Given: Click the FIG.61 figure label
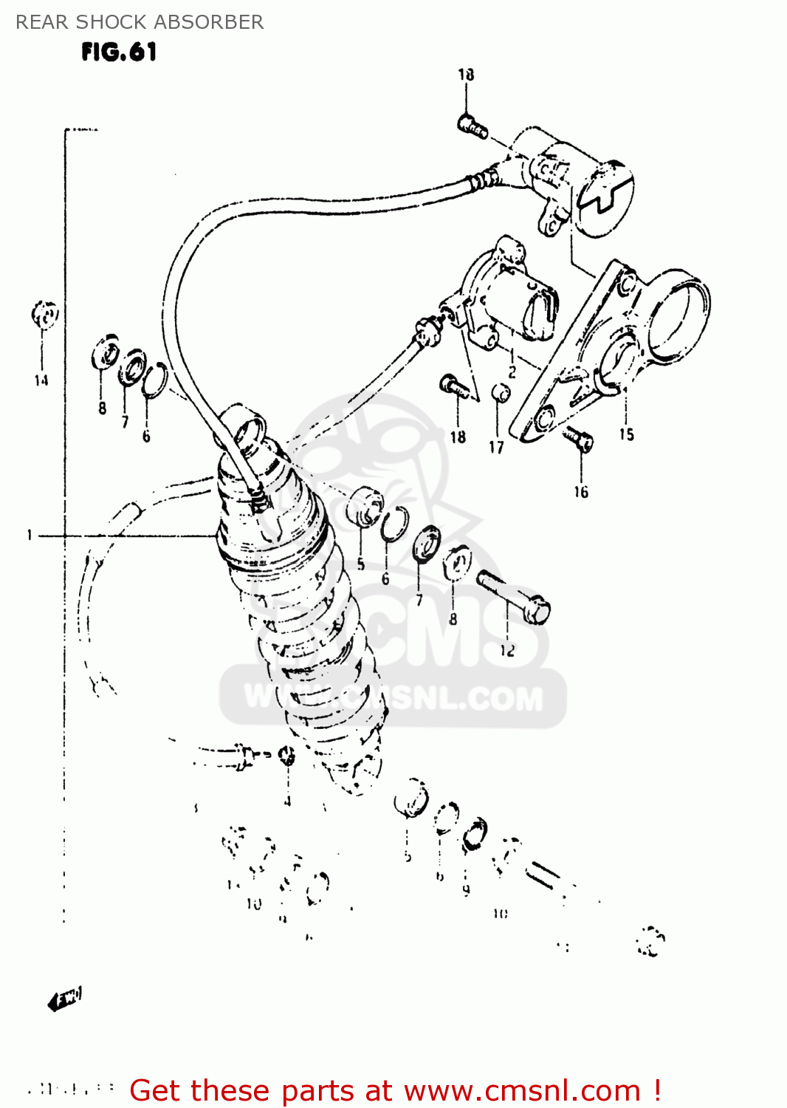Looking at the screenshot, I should (119, 52).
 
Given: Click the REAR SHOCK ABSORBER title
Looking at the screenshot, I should (140, 22).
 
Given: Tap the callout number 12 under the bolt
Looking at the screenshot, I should (507, 651).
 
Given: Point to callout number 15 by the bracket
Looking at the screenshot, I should (626, 434).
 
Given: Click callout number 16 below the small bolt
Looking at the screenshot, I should (581, 492).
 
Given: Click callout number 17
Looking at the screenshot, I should (496, 447).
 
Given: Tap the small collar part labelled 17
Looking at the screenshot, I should (500, 392).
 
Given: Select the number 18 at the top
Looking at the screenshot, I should (466, 75).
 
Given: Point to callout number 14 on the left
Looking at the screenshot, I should (41, 380).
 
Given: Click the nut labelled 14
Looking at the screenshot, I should (44, 315).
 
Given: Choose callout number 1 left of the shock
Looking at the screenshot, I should (30, 535).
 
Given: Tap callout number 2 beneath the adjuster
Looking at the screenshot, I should (512, 372).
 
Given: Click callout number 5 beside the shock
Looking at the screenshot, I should (361, 564).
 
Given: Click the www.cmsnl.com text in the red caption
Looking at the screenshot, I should (522, 1090).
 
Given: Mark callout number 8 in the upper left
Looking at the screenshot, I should (102, 408).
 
